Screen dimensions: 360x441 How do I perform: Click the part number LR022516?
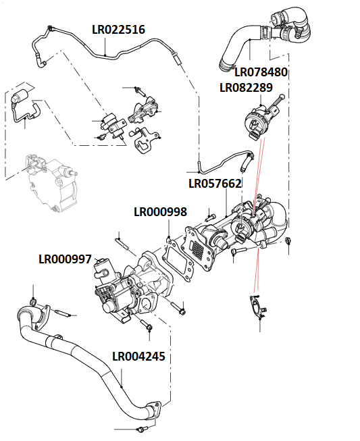pos(118,30)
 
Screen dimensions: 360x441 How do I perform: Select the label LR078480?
pos(261,72)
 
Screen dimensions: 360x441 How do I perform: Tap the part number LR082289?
pos(246,88)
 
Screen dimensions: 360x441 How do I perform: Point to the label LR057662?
pos(215,184)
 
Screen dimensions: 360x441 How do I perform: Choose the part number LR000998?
pos(160,212)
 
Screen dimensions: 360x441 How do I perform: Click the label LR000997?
pos(66,259)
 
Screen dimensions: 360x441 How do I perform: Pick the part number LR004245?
pos(138,357)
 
